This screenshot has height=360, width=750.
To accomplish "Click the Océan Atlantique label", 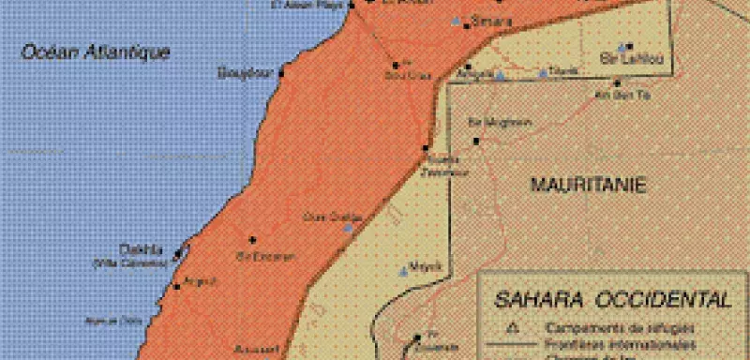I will [x=96, y=53].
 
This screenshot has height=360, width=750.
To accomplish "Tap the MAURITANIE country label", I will [x=589, y=185].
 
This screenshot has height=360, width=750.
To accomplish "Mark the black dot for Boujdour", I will [x=280, y=70].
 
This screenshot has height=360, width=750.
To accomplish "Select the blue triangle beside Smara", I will [x=457, y=21].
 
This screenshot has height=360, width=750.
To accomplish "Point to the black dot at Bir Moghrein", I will [x=476, y=141].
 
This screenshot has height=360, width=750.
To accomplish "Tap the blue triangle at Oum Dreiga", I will [x=349, y=227].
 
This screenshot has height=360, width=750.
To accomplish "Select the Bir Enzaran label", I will [x=266, y=256].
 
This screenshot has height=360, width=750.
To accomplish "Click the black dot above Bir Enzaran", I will [x=251, y=239].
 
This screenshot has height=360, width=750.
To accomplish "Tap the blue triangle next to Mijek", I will [x=405, y=272].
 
